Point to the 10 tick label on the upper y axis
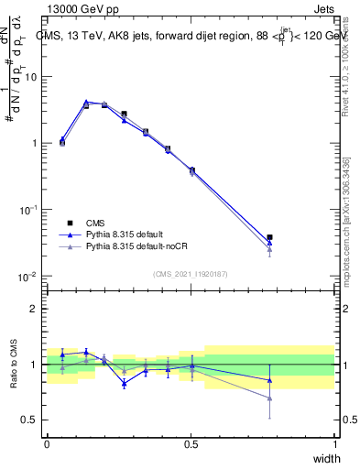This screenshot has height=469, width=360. point(31,77)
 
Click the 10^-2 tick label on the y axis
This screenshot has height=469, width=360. point(28,277)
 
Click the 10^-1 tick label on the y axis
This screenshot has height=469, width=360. point(28,210)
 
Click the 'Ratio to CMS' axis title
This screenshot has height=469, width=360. point(16,365)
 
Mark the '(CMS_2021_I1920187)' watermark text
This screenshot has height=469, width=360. point(191,274)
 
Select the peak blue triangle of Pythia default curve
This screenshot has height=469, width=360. point(86,102)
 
